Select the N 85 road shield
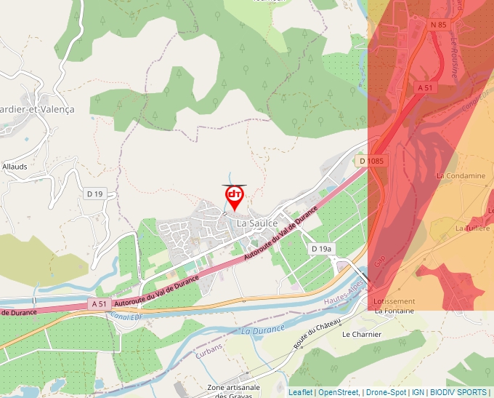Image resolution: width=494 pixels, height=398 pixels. click(x=438, y=25)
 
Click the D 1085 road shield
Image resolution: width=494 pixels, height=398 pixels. click(x=370, y=160)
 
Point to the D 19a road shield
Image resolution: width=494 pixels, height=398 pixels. click(x=321, y=249)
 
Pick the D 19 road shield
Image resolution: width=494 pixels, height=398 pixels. click(x=95, y=194)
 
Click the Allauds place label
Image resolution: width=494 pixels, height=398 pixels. click(x=15, y=167)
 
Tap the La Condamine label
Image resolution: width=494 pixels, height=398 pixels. click(x=460, y=176)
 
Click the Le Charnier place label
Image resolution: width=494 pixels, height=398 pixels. click(x=361, y=335)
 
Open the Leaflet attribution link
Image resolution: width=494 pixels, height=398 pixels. click(x=300, y=392)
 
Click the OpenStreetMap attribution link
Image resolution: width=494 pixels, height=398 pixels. click(x=339, y=392)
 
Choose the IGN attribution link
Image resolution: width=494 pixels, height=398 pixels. click(x=418, y=392)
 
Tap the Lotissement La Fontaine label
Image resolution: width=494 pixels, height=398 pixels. click(x=394, y=306)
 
